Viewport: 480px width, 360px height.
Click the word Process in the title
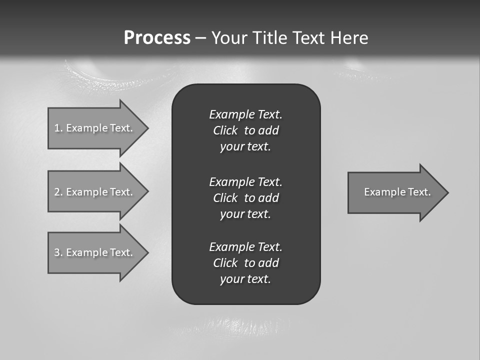pyautogui.click(x=157, y=38)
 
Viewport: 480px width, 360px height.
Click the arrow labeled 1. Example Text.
pyautogui.click(x=95, y=128)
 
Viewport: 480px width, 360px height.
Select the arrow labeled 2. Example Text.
pyautogui.click(x=95, y=192)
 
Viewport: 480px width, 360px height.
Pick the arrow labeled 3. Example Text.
pyautogui.click(x=95, y=252)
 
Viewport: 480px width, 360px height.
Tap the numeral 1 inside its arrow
pyautogui.click(x=56, y=128)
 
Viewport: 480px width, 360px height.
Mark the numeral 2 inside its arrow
pyautogui.click(x=56, y=192)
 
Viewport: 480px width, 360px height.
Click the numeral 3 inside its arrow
pyautogui.click(x=56, y=252)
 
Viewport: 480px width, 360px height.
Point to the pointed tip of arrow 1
pyautogui.click(x=147, y=128)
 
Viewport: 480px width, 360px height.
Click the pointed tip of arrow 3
pyautogui.click(x=147, y=252)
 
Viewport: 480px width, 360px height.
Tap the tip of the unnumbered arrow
pyautogui.click(x=447, y=192)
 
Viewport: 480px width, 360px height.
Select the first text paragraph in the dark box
pyautogui.click(x=245, y=130)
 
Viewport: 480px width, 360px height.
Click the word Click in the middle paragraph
pyautogui.click(x=225, y=198)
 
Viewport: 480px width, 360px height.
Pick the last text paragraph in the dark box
pyautogui.click(x=245, y=263)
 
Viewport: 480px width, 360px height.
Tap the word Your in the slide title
pyautogui.click(x=229, y=38)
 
